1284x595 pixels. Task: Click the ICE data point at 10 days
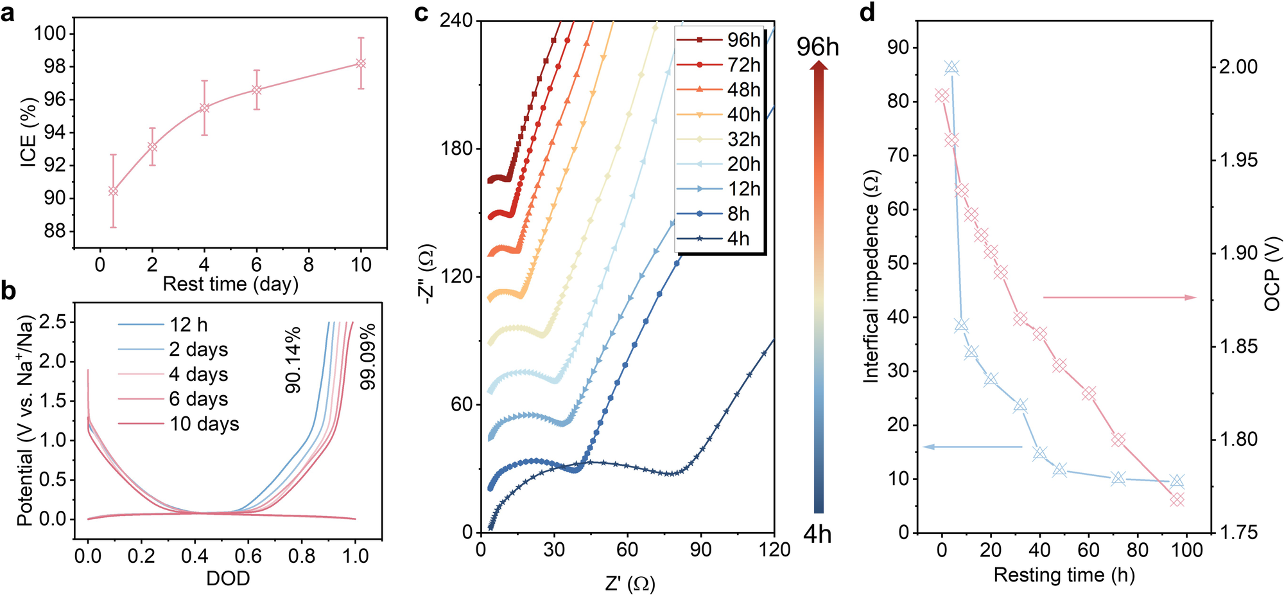point(361,64)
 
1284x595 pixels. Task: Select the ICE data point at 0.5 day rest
point(113,191)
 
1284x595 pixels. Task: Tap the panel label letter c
point(421,13)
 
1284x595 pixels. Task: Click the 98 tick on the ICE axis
point(55,66)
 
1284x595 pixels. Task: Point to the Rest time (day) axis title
point(230,284)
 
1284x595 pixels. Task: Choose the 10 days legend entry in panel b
point(204,424)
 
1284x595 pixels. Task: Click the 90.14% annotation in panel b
point(293,360)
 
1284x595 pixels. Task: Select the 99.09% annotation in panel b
point(368,357)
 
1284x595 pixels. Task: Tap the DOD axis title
point(228,579)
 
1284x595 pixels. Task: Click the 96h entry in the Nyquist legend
point(743,40)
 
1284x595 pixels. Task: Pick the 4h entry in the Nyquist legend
point(738,239)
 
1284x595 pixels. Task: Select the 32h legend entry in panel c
point(743,139)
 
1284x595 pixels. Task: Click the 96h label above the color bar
point(817,47)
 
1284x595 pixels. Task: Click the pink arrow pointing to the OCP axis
point(1120,297)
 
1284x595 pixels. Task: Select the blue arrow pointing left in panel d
point(972,447)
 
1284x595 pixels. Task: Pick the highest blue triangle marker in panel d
point(952,67)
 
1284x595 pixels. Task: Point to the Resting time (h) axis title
point(1064,574)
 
